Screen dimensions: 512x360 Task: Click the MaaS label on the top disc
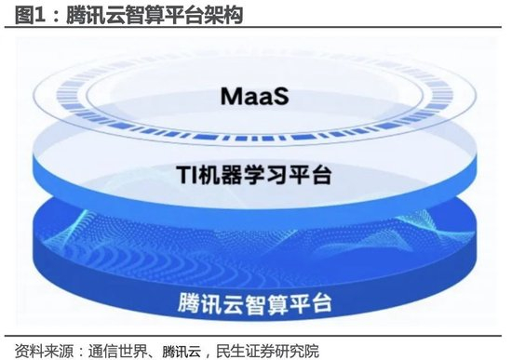coord(255,96)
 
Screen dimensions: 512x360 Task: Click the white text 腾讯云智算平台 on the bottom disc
coord(255,303)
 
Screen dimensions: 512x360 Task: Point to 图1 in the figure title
coord(30,15)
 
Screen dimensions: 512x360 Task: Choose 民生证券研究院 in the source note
coord(267,351)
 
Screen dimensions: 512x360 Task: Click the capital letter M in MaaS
coord(231,97)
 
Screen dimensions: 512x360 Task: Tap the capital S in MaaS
coord(281,97)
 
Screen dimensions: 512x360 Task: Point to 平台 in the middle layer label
coord(311,174)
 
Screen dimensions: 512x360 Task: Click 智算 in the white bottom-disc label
coord(267,304)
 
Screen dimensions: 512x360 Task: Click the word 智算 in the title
coord(144,15)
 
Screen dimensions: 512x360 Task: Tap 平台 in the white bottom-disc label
coord(311,304)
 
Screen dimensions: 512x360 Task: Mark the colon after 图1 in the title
coord(55,16)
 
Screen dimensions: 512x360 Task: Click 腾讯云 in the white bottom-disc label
coord(211,303)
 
